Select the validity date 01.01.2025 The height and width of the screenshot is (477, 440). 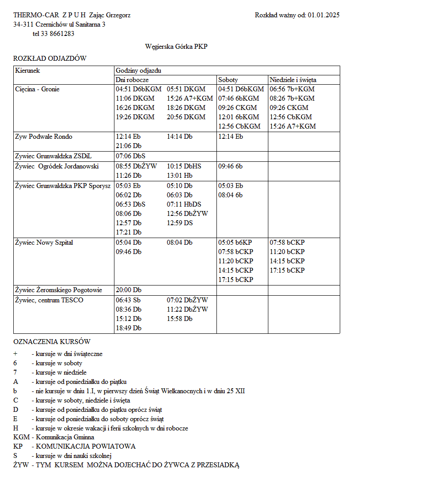coord(323,15)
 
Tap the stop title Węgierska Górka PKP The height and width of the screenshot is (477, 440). coord(176,46)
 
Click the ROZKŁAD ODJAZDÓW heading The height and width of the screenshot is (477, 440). coord(50,59)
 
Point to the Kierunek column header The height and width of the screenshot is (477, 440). coord(27,70)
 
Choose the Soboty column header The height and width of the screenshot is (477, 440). coord(228,80)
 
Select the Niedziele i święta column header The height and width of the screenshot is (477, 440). coord(293,80)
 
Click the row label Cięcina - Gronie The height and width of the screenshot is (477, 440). coord(37,89)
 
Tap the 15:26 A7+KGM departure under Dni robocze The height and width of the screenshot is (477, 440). coord(190,98)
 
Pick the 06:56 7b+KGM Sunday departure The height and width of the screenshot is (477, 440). coord(292,89)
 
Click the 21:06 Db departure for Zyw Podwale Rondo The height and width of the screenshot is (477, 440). coord(129,146)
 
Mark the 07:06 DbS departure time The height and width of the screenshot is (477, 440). coord(130,156)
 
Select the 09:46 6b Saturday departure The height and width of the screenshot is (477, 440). coord(230,166)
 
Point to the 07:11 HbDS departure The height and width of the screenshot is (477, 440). coord(184,204)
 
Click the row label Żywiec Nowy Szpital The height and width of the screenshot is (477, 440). coord(44,242)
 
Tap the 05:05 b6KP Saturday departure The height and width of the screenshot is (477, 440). coord(235,242)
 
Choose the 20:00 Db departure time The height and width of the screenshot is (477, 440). coord(129,290)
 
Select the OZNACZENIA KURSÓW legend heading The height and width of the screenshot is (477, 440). coord(52,342)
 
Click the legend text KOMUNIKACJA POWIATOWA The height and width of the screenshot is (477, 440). coord(86,446)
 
